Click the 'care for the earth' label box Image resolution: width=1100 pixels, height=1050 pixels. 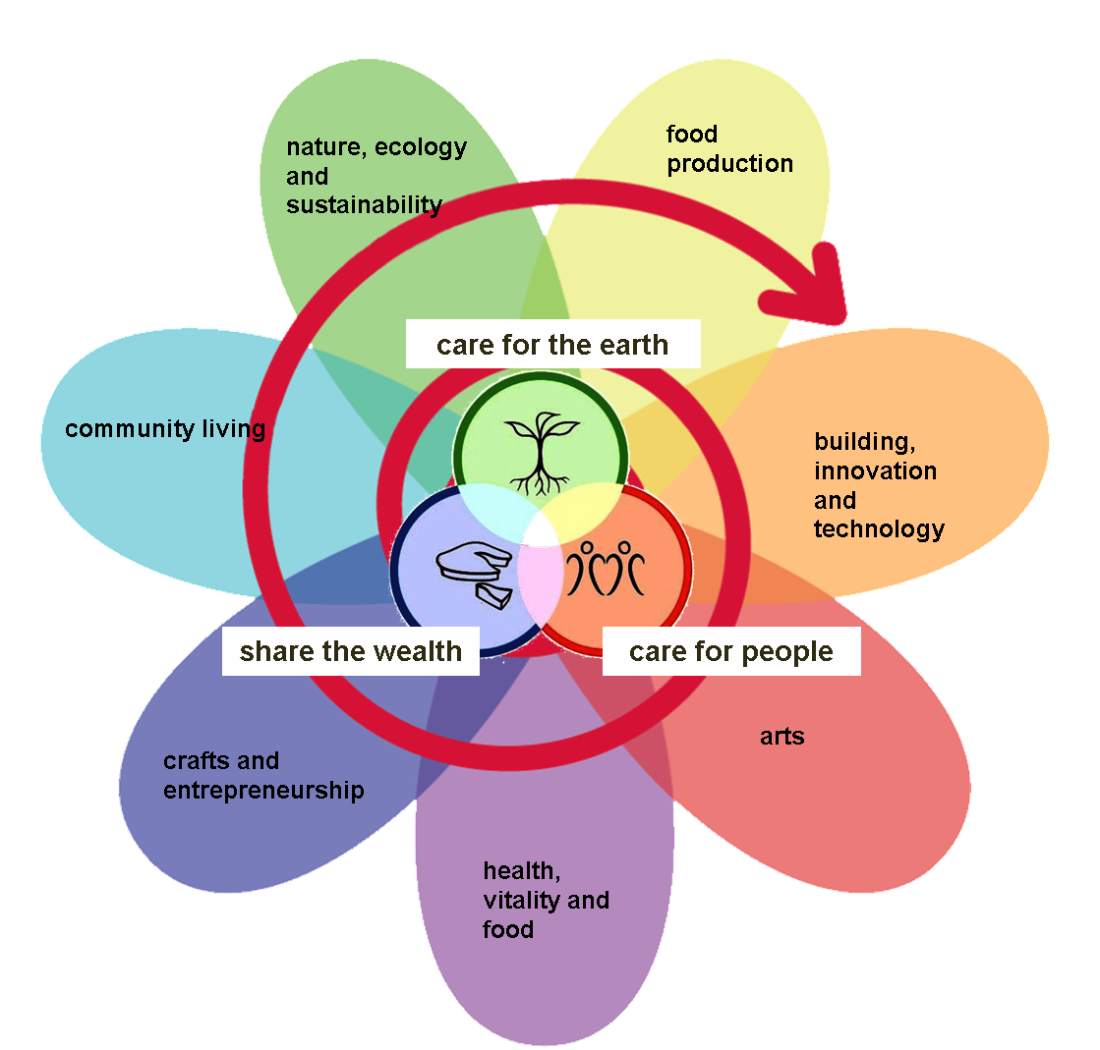(x=552, y=345)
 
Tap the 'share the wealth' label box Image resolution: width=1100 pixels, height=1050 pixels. (x=351, y=651)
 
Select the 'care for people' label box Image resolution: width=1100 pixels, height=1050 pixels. (x=731, y=651)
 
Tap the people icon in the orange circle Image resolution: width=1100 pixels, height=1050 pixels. (x=611, y=568)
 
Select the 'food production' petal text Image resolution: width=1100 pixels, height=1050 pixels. (x=728, y=148)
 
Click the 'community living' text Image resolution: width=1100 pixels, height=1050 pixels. (x=165, y=429)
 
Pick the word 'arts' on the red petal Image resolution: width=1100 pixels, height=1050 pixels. (x=782, y=736)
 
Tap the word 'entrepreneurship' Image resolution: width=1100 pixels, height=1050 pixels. (x=263, y=791)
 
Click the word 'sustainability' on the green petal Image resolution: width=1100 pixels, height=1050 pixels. (x=364, y=204)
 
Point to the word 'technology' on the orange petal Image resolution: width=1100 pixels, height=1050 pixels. (x=879, y=529)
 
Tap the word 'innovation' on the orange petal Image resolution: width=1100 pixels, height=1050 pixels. (x=875, y=470)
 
